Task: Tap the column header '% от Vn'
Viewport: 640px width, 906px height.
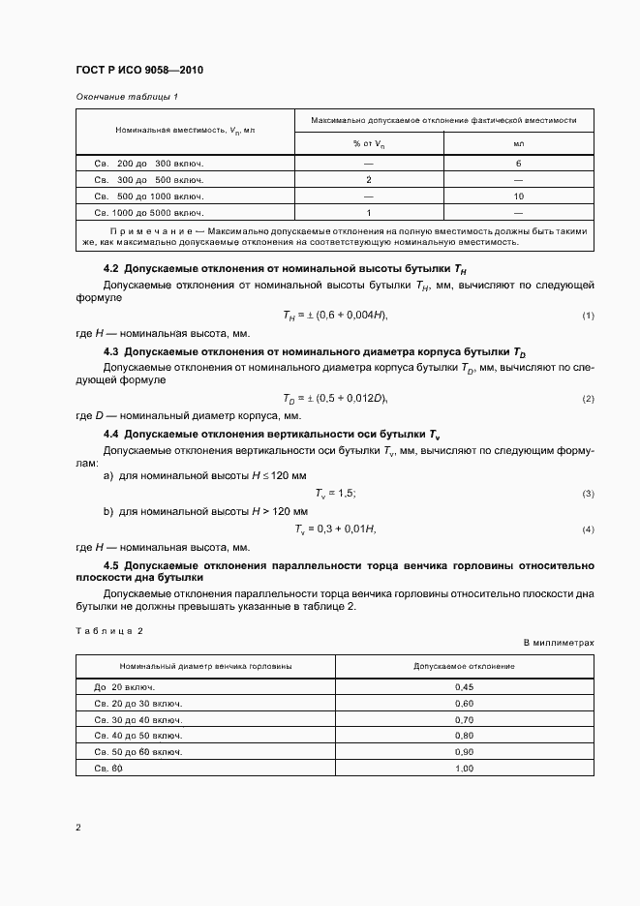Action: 369,143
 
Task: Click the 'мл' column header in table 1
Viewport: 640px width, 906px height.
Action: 518,143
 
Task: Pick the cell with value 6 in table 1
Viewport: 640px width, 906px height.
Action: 518,164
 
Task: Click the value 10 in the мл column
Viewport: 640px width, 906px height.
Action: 518,196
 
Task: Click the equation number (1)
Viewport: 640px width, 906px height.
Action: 587,317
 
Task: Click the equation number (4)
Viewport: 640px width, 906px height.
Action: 587,529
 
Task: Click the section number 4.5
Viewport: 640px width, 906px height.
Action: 110,564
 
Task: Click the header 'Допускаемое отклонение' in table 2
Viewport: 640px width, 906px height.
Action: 464,667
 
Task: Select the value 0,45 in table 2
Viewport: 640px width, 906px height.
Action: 464,686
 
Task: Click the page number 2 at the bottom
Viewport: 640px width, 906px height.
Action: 78,828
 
